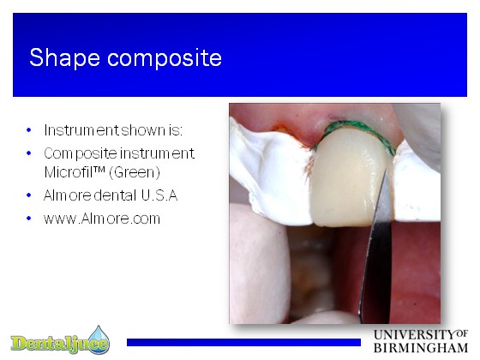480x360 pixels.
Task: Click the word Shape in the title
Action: click(x=64, y=57)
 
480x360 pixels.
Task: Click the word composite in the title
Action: click(x=165, y=57)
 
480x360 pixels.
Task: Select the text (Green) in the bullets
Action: click(x=135, y=172)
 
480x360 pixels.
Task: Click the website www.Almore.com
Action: click(x=102, y=219)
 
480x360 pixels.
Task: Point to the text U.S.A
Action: click(x=159, y=195)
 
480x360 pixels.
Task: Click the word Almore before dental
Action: click(x=68, y=195)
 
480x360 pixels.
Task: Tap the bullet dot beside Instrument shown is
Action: click(x=29, y=130)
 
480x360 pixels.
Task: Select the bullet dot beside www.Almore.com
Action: click(x=29, y=219)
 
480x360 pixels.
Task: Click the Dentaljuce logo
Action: click(x=60, y=341)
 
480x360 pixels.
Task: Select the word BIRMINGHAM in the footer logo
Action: click(x=421, y=348)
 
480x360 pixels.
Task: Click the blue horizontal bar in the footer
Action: click(x=243, y=342)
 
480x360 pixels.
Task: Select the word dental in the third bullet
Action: click(x=115, y=195)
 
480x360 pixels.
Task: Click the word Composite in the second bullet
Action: click(x=81, y=154)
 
